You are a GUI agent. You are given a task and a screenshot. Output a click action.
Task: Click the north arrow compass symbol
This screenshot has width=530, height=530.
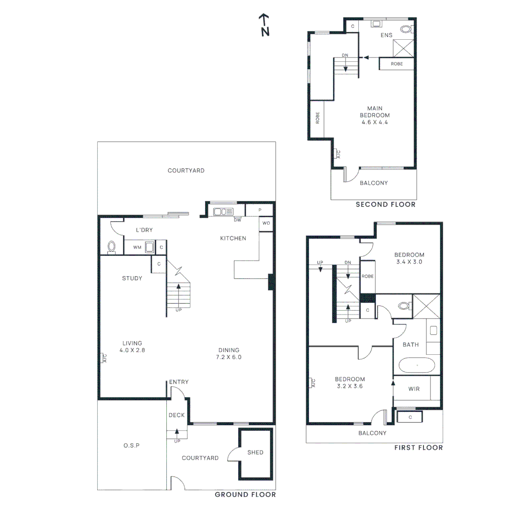coord(265,25)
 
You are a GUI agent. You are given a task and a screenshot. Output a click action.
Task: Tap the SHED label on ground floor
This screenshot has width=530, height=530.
coord(255,452)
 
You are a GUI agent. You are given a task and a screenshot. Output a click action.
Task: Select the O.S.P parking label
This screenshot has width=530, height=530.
coord(132,445)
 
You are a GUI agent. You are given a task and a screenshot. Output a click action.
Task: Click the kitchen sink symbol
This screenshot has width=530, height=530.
coord(223,212)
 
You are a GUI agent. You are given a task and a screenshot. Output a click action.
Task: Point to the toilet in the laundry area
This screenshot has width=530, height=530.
coord(111,246)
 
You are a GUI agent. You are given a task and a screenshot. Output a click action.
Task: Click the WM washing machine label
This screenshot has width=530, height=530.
coord(136,247)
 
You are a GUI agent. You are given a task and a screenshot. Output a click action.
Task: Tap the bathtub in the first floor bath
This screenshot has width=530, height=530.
coord(416,366)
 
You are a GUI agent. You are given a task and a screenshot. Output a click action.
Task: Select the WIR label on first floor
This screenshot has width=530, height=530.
coord(414,389)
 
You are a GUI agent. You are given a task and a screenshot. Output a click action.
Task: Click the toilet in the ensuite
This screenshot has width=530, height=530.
coord(406,29)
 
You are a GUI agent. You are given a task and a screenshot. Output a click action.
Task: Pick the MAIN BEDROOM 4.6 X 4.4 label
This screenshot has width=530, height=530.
coord(378,115)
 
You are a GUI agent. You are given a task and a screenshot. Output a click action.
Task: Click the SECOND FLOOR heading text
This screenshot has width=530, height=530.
coord(385,205)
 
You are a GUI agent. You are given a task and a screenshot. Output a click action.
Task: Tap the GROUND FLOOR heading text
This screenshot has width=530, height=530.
coord(245,495)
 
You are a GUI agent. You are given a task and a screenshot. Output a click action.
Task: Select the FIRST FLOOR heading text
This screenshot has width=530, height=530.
coord(418,448)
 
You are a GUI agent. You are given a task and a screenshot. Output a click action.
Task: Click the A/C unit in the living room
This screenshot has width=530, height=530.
coord(104,358)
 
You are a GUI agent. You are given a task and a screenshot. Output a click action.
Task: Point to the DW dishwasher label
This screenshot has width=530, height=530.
coord(238,220)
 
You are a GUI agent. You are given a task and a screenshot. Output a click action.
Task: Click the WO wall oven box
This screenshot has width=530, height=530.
coord(266,223)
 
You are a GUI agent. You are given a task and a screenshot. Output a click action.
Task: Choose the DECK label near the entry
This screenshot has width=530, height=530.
coord(177,415)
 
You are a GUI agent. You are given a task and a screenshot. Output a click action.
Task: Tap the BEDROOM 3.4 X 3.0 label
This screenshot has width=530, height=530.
coord(409,258)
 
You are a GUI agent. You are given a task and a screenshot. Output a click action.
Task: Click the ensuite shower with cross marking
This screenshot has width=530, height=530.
coord(403,48)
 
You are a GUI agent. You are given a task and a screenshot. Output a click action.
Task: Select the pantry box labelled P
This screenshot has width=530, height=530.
coord(259,210)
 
